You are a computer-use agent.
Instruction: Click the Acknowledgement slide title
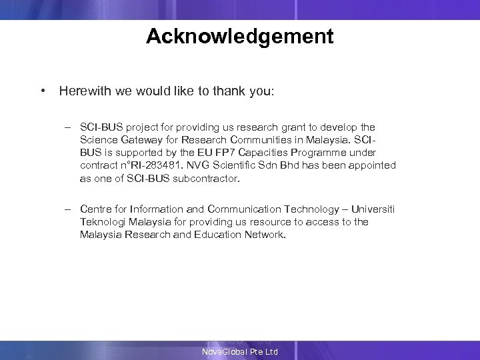pyautogui.click(x=240, y=36)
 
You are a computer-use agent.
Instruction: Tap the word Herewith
pyautogui.click(x=83, y=91)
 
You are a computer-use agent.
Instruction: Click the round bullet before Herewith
pyautogui.click(x=42, y=91)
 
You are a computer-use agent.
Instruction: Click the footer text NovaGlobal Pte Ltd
pyautogui.click(x=240, y=351)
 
